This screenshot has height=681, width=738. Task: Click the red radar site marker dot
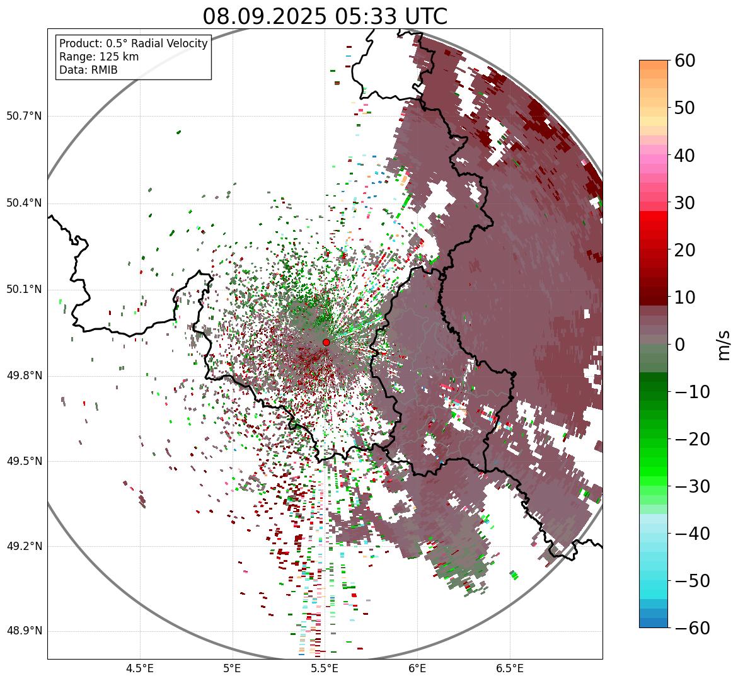pos(326,342)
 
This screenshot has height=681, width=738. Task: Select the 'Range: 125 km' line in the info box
pos(99,57)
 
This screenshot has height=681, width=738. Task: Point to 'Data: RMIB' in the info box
pos(88,70)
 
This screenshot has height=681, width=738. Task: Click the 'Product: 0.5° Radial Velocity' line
pos(133,43)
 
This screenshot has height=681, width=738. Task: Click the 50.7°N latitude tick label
pos(24,117)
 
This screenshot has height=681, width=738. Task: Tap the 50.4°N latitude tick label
pos(24,203)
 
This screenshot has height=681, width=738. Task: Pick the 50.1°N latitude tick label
pos(24,290)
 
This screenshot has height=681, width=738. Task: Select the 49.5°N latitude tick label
pos(24,461)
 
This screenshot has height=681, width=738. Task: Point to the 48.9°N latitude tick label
pos(24,631)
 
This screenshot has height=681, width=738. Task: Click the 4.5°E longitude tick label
pos(140,668)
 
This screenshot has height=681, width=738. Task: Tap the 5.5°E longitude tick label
pos(325,668)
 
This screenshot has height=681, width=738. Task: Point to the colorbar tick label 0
pos(680,345)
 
